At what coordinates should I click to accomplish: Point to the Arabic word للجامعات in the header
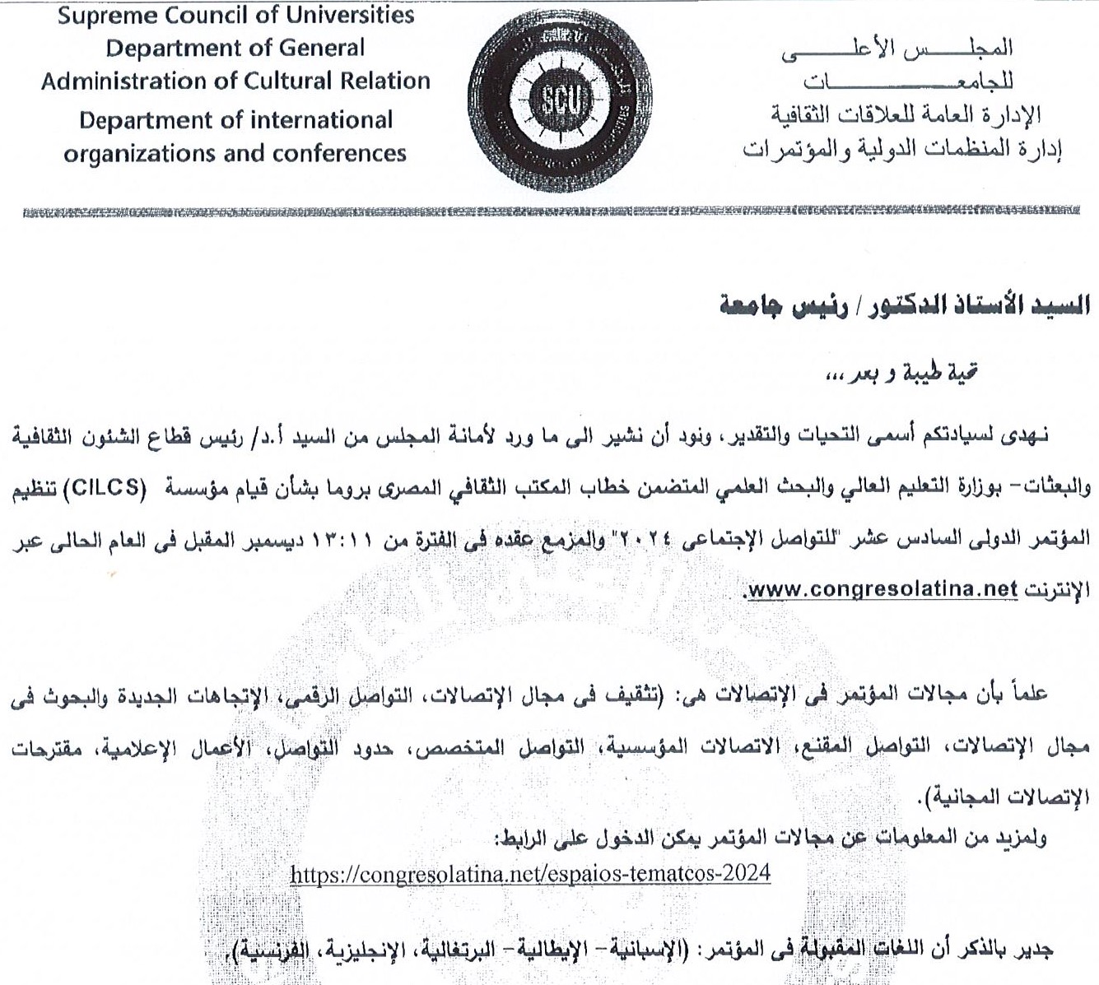click(908, 81)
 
